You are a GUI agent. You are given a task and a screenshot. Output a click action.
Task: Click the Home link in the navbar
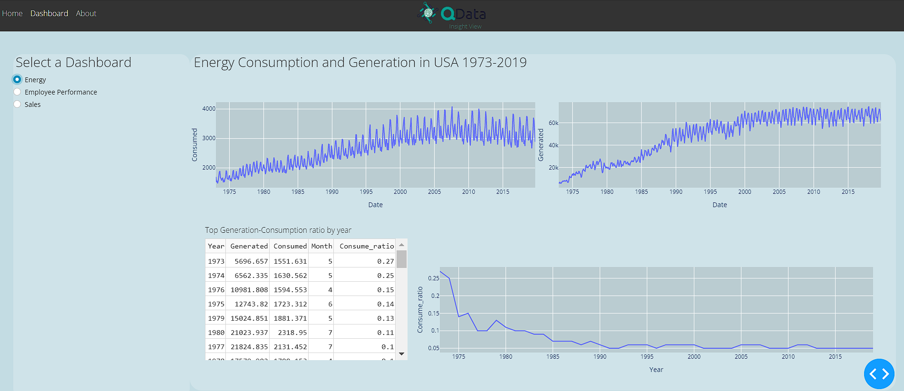[x=12, y=13]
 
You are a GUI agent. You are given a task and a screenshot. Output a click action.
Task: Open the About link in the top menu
[x=86, y=13]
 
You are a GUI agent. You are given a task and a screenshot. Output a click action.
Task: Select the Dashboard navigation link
[x=49, y=13]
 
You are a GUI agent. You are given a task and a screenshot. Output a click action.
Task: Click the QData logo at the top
[x=452, y=14]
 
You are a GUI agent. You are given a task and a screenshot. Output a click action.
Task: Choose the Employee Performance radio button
[x=18, y=92]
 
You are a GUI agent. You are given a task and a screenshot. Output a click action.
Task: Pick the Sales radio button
[x=18, y=104]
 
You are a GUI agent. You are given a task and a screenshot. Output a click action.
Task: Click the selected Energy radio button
[x=18, y=79]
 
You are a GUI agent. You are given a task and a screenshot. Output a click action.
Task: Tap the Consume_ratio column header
[x=366, y=246]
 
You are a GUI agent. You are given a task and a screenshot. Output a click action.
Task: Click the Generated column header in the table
[x=249, y=246]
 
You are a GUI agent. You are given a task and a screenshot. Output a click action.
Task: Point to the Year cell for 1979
[x=216, y=318]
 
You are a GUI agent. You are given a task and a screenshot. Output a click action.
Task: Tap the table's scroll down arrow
[x=401, y=353]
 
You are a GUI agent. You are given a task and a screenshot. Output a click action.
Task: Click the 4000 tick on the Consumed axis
[x=209, y=109]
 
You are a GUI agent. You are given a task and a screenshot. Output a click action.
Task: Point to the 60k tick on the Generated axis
[x=554, y=123]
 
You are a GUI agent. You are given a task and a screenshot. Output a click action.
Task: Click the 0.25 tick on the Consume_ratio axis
[x=433, y=278]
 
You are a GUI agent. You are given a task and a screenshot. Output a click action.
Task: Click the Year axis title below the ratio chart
[x=656, y=370]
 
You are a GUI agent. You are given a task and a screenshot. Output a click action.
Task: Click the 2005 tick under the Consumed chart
[x=434, y=192]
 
